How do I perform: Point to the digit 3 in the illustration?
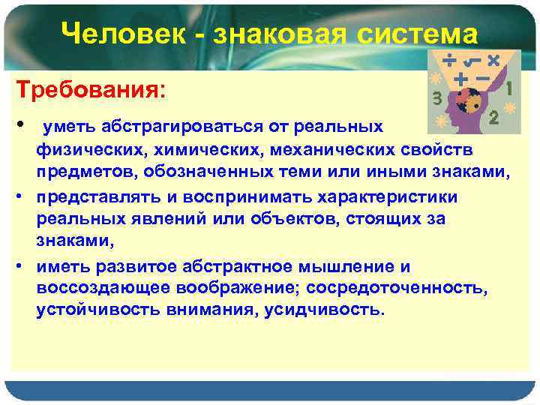[437, 97]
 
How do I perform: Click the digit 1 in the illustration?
[510, 88]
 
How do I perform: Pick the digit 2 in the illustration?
[493, 117]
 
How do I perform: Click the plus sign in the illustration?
[460, 77]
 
